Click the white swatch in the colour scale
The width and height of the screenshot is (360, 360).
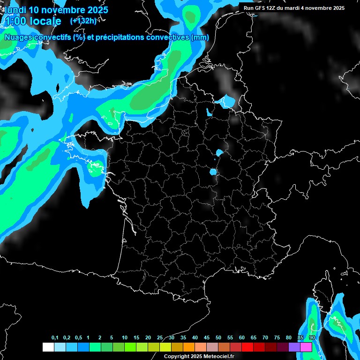pos(48,347)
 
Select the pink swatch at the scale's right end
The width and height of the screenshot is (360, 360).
pos(306,347)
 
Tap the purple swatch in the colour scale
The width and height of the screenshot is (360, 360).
pos(294,347)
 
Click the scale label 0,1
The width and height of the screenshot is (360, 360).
pos(55,338)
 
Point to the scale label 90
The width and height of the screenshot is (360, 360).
pos(312,338)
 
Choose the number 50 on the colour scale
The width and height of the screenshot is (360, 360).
pos(218,338)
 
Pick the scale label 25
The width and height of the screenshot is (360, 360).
pos(160,338)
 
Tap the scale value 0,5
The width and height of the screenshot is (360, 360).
pos(78,338)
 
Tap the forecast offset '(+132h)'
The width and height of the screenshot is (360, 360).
pos(83,21)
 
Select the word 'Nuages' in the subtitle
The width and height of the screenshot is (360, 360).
pos(18,37)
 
